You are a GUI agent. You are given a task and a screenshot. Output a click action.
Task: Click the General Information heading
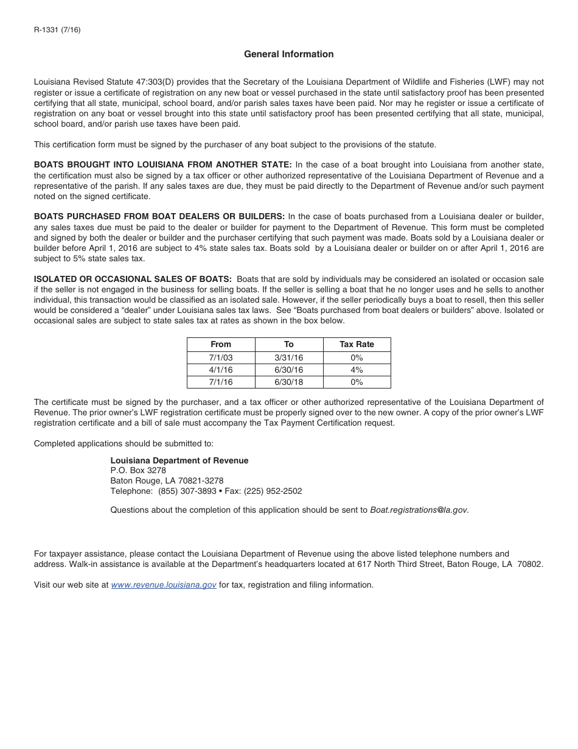click(288, 54)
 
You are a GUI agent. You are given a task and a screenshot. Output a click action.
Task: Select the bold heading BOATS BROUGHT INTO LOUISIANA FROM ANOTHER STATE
click(163, 165)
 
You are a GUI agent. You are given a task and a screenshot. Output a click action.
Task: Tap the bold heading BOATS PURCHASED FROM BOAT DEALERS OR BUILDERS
click(159, 217)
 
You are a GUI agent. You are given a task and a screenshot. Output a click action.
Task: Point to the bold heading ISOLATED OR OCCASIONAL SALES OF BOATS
click(133, 280)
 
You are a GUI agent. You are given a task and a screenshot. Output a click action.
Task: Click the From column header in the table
click(221, 344)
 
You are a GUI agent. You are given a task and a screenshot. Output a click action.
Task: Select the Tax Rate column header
click(357, 344)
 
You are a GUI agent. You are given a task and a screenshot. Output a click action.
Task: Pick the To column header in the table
click(289, 344)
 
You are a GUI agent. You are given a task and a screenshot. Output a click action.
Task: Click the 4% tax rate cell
click(357, 370)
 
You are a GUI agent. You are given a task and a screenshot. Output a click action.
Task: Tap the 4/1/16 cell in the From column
click(221, 370)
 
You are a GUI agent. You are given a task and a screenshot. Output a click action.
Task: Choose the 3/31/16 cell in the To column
click(289, 358)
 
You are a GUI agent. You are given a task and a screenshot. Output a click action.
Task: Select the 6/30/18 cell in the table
click(289, 382)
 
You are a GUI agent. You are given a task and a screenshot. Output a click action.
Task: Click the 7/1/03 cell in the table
click(221, 358)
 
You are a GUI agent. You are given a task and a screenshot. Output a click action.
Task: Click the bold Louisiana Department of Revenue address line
click(179, 461)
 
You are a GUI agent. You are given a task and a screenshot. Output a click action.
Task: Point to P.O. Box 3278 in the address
click(138, 471)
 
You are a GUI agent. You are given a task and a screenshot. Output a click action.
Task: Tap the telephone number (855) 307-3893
click(187, 491)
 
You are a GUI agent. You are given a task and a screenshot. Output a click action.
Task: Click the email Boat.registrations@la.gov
click(419, 510)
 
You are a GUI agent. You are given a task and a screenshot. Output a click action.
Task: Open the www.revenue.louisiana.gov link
click(164, 585)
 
